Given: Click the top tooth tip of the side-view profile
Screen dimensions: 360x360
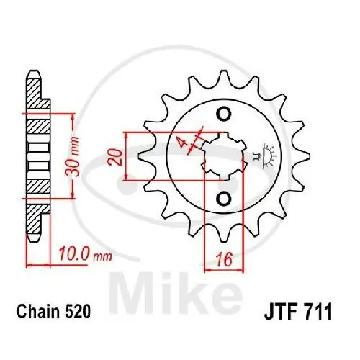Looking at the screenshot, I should tap(32, 76).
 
